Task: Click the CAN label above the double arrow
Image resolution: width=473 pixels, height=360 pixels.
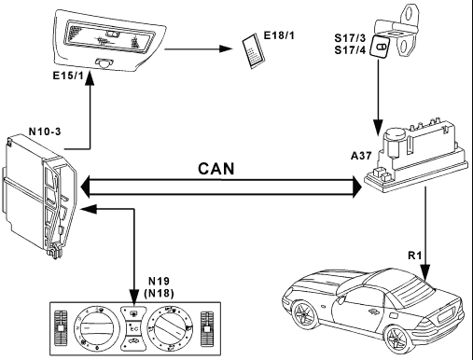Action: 216,169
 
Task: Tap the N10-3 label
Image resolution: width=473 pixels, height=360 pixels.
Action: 45,132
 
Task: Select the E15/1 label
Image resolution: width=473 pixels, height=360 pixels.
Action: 68,76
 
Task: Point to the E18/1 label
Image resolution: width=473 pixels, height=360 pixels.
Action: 279,35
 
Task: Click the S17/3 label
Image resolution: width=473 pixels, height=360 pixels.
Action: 350,38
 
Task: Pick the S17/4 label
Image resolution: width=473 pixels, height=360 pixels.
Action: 350,50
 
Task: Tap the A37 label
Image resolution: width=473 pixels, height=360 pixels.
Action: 361,156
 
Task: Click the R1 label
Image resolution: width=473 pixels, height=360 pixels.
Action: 414,256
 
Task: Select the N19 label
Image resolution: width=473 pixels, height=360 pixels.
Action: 159,281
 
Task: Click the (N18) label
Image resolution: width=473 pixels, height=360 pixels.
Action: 159,293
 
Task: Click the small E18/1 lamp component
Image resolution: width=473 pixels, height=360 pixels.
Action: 254,50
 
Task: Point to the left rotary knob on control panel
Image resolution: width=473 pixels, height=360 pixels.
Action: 96,327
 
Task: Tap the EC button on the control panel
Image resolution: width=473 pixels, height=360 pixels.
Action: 134,328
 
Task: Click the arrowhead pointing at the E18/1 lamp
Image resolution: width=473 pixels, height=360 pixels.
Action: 226,48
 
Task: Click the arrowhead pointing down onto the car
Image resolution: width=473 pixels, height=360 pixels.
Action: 425,271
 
